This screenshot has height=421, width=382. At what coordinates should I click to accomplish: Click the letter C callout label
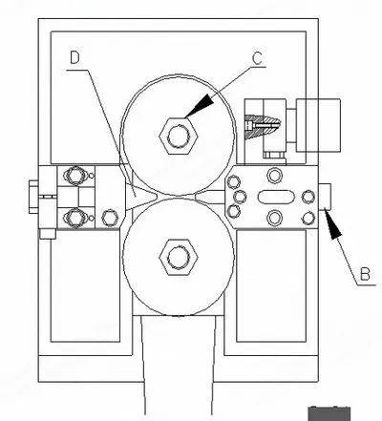tap(257, 58)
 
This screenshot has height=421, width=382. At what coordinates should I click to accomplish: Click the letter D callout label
tap(74, 57)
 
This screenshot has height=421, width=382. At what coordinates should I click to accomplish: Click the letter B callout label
tap(365, 274)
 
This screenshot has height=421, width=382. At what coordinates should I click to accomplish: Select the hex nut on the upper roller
tap(179, 136)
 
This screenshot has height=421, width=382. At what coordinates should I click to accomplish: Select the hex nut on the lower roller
tap(179, 257)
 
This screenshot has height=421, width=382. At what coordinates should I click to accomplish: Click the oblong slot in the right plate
tap(275, 197)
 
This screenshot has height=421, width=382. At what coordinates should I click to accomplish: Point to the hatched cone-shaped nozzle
tap(263, 126)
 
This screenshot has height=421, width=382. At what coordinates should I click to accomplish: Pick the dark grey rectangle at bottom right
tap(329, 413)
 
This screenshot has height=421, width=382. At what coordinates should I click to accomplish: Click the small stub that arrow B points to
tap(325, 197)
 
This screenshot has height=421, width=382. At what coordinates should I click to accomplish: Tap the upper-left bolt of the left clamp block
tap(75, 175)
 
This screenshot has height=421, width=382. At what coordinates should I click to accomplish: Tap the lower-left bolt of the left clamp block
tap(75, 218)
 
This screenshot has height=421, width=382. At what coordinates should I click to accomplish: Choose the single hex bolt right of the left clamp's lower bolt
tap(110, 218)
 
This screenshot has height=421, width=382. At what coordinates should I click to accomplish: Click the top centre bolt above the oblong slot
tap(274, 176)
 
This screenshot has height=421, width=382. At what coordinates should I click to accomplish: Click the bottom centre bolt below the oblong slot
tap(274, 218)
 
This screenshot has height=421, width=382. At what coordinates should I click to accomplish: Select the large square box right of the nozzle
tap(318, 125)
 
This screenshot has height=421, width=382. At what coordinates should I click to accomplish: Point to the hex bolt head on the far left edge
tap(33, 197)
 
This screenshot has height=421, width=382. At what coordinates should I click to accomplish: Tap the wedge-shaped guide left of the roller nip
tap(140, 197)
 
